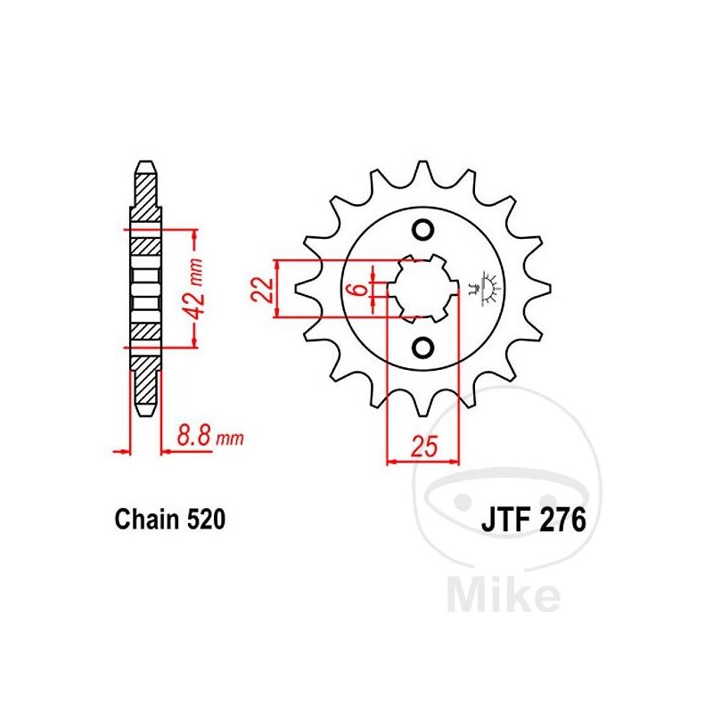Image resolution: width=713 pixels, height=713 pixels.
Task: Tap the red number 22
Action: coord(262,289)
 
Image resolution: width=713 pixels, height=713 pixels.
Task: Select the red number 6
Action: coord(360,289)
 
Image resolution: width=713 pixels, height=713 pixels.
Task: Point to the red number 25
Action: coord(424,446)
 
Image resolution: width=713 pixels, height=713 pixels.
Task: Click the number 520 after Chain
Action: coord(206,519)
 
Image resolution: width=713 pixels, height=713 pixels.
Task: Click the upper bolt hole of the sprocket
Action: coord(422,230)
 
